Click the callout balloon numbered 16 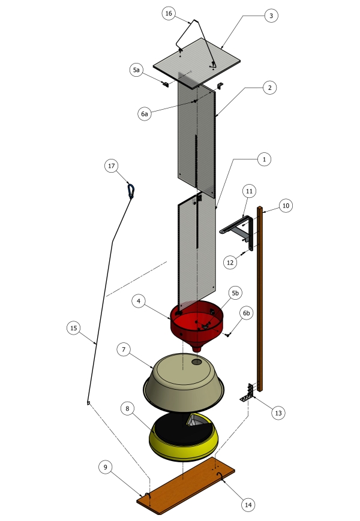coord(169,13)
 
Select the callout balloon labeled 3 coord(271,16)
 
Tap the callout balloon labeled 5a coord(136,70)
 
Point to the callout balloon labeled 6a coord(144,114)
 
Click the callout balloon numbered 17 coord(112,166)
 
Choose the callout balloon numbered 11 coord(250,191)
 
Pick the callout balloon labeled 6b coord(247,313)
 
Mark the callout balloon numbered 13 coord(278,412)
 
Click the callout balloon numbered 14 coord(248,505)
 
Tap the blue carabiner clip coord(131,192)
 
